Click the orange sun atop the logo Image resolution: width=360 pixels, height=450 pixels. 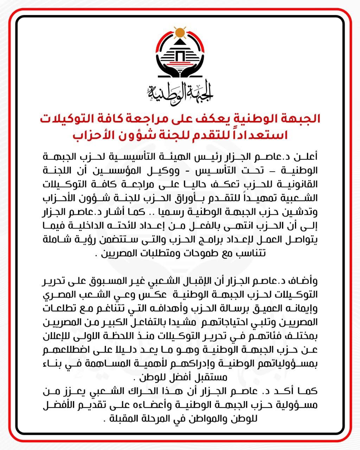click(x=180, y=33)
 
